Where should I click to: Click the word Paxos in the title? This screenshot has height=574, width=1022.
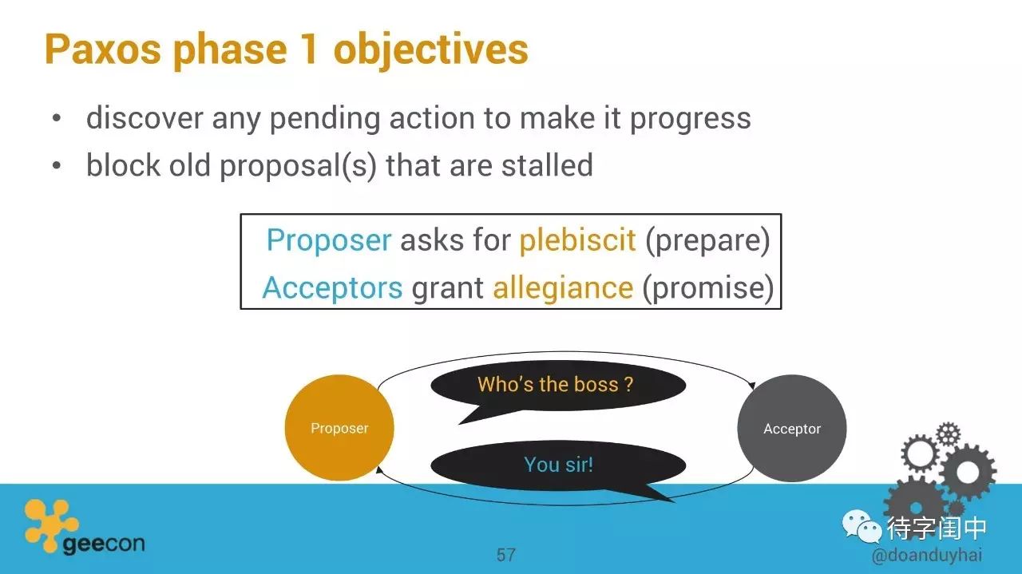coord(103,49)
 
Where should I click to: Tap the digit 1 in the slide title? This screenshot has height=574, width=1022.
coord(309,49)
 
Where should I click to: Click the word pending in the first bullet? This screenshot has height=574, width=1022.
coord(325,119)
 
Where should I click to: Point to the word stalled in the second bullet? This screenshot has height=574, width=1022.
coord(547,164)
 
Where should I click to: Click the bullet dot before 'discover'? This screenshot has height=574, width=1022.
coord(57,118)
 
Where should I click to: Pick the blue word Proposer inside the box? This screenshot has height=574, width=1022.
coord(329,240)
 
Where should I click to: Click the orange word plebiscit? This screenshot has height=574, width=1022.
coord(577,240)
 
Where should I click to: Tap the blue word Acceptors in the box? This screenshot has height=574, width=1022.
coord(333,287)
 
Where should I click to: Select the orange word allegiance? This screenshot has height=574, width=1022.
coord(563,288)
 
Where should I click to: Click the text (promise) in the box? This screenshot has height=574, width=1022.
coord(708,288)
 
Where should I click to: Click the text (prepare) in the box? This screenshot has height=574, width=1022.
coord(707,241)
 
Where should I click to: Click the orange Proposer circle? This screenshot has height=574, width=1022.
coord(339,428)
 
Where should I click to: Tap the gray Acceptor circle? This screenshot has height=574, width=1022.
coord(791,428)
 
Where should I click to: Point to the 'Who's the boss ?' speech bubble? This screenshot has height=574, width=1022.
coord(557,385)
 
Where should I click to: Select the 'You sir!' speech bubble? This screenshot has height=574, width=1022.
coord(558,465)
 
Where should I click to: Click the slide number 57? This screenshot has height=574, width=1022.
coord(506,555)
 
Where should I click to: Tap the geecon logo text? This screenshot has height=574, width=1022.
coord(104,544)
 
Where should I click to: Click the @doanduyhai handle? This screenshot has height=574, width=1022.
coord(927,556)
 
